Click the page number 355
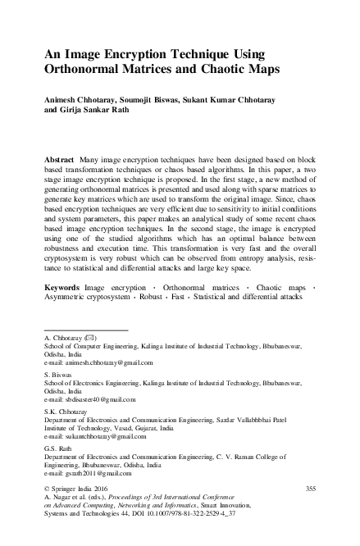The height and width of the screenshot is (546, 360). [x=310, y=489]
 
